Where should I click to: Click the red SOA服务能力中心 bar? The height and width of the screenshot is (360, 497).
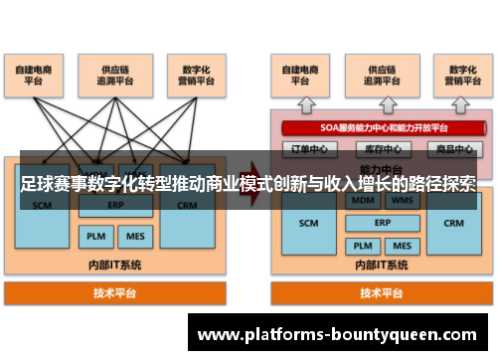tap(384, 128)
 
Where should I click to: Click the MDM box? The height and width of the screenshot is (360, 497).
tap(362, 200)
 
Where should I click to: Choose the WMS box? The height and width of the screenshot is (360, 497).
tap(403, 200)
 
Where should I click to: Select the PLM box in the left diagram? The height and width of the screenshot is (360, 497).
tap(94, 237)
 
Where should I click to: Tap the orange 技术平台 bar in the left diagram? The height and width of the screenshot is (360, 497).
tap(114, 293)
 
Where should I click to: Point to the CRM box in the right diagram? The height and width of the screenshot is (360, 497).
tap(453, 224)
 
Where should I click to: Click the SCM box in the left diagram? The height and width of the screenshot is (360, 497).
tap(43, 207)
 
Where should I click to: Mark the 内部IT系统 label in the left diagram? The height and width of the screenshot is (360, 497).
tap(114, 265)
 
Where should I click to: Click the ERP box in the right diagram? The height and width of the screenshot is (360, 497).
tap(383, 223)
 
